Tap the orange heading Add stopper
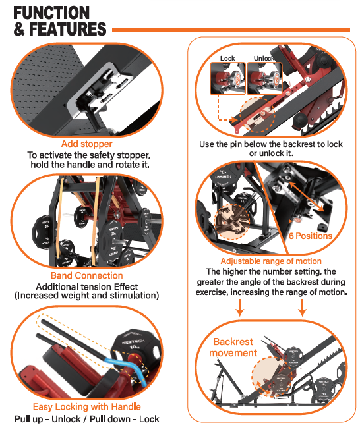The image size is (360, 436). (86, 144)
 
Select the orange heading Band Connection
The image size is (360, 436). (86, 275)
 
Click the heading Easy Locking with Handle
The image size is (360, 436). (86, 406)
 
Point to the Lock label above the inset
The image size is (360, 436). (227, 59)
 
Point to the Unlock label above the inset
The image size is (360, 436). (264, 59)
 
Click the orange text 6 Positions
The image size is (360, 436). (310, 236)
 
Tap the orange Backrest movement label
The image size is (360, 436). (233, 348)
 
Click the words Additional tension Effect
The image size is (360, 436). (86, 286)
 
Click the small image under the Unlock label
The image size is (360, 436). (265, 78)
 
